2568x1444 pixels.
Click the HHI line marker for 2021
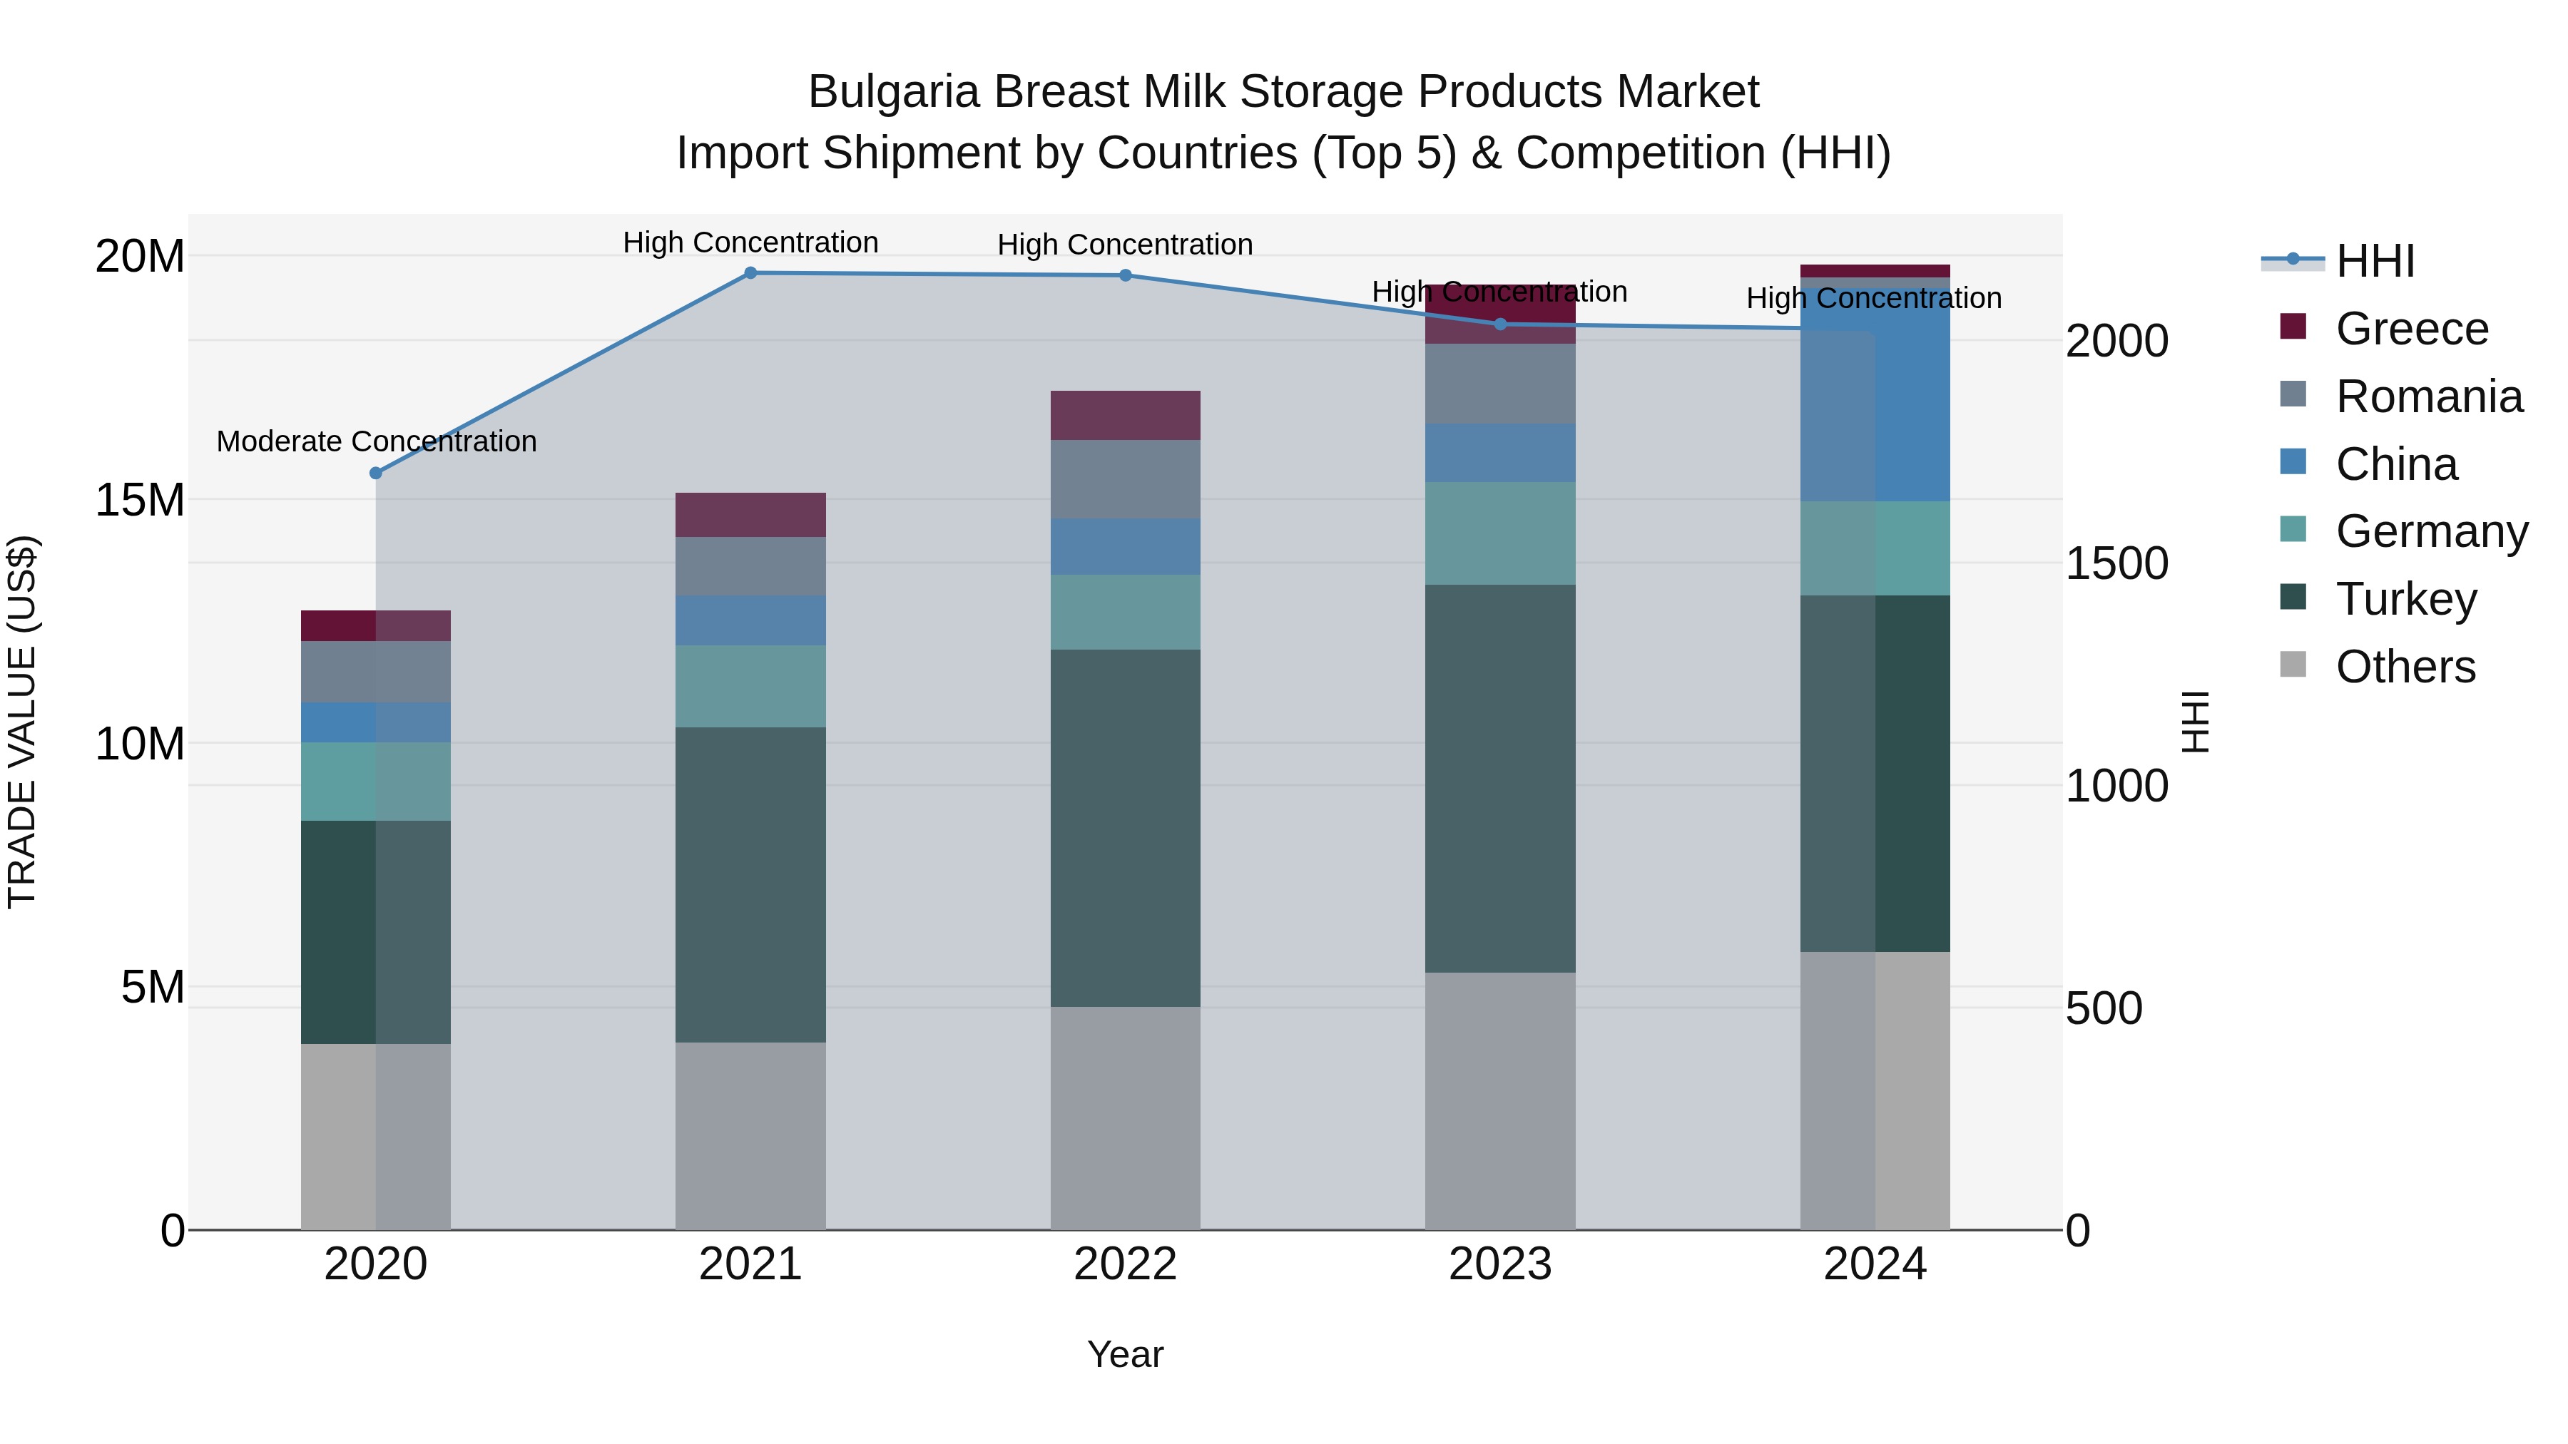click(x=750, y=273)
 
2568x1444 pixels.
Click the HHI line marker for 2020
click(x=376, y=473)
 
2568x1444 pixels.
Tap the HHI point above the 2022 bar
click(x=1126, y=275)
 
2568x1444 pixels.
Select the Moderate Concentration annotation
click(x=376, y=441)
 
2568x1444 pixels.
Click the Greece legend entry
click(x=2410, y=329)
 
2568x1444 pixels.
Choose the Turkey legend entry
click(x=2405, y=599)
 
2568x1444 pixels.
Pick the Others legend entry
click(x=2405, y=667)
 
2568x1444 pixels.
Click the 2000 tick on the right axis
click(x=2116, y=341)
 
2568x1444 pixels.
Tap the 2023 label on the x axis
click(x=1499, y=1264)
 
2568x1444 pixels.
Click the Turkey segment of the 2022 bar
click(x=1126, y=827)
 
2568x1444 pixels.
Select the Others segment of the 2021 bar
click(x=750, y=1136)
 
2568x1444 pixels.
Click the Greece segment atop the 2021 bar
click(x=750, y=516)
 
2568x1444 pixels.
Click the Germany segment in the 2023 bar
click(x=1499, y=533)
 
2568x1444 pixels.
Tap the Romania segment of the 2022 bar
click(x=1126, y=479)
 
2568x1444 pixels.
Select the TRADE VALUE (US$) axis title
click(x=22, y=722)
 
